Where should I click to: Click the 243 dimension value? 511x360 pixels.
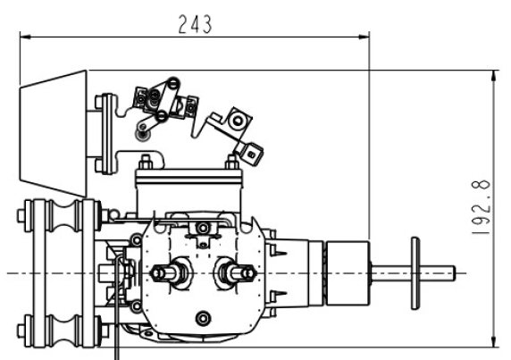click(195, 24)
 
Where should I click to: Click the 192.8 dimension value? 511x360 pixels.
click(481, 207)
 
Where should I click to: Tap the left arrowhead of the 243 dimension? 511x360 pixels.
click(25, 37)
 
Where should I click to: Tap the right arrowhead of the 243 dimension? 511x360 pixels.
click(364, 37)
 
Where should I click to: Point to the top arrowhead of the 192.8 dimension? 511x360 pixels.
click(495, 76)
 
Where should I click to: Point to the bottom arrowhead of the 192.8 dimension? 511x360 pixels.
click(495, 341)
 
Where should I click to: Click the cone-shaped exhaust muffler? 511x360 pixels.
click(53, 134)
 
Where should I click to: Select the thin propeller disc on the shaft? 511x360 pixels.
click(415, 273)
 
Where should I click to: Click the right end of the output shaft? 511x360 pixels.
click(455, 273)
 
